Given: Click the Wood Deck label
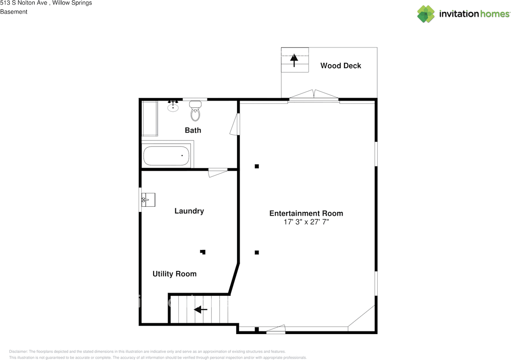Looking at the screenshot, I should pyautogui.click(x=341, y=66).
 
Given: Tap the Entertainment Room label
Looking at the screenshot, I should pyautogui.click(x=306, y=214).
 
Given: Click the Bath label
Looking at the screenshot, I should pyautogui.click(x=193, y=131).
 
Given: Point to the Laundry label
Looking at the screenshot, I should pyautogui.click(x=189, y=211).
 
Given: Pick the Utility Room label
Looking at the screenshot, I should pyautogui.click(x=174, y=274).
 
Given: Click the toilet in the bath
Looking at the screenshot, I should pyautogui.click(x=195, y=111).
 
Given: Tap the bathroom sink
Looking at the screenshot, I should pyautogui.click(x=173, y=107).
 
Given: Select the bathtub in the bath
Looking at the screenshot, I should pyautogui.click(x=166, y=156).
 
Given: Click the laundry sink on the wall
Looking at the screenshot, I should pyautogui.click(x=148, y=199).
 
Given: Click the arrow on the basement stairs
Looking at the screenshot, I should pyautogui.click(x=200, y=309).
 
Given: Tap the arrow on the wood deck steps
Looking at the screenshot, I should pyautogui.click(x=294, y=59).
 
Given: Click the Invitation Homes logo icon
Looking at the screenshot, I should pyautogui.click(x=426, y=14).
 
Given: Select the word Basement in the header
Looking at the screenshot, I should pyautogui.click(x=14, y=12).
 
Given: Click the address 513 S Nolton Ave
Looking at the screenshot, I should pyautogui.click(x=26, y=3).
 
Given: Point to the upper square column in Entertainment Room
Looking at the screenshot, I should pyautogui.click(x=257, y=166).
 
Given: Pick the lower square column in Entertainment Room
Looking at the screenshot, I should pyautogui.click(x=257, y=252).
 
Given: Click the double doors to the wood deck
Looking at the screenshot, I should pyautogui.click(x=314, y=96).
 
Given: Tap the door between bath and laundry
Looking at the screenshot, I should pyautogui.click(x=218, y=172).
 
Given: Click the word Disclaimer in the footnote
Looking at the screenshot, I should pyautogui.click(x=18, y=352).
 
